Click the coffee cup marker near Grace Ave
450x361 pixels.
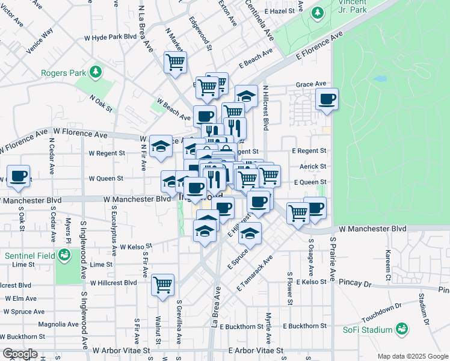click(x=327, y=99)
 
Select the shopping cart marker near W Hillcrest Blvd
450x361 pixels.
click(x=162, y=285)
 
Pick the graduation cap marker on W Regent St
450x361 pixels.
click(x=161, y=146)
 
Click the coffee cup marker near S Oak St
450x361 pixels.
click(x=17, y=176)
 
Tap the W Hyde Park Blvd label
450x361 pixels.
click(x=111, y=37)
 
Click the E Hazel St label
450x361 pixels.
click(x=279, y=11)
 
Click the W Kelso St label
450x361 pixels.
click(x=135, y=247)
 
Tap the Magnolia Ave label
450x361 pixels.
click(x=58, y=324)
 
